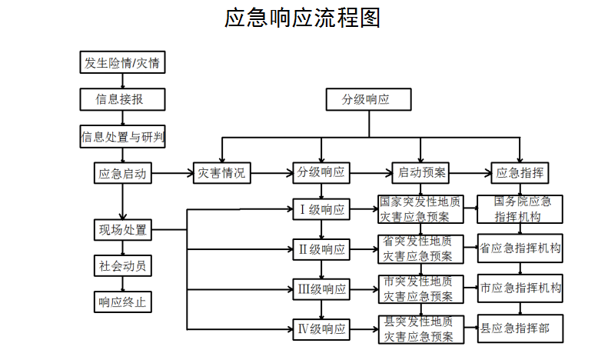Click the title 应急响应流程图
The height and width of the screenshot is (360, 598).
pos(302,18)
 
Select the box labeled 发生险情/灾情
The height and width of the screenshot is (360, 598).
pos(122,62)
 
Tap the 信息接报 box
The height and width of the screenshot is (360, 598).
pos(122,100)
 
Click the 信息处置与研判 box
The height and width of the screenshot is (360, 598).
pos(122,136)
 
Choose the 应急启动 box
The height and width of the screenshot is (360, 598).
pos(123,173)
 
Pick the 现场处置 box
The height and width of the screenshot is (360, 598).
pos(123,230)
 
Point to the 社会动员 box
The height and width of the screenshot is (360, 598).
pos(123,265)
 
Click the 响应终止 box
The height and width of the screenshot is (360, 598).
pos(123,302)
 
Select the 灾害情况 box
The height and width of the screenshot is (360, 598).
pos(222,173)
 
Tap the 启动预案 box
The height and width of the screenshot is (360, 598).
pos(420,173)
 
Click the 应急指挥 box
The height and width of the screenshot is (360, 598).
pos(520,173)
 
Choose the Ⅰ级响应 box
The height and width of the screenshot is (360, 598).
pos(321,209)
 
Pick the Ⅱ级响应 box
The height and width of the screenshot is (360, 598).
pos(321,250)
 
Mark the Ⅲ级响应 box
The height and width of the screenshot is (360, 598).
pos(321,289)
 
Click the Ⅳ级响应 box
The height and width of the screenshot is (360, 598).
pos(321,329)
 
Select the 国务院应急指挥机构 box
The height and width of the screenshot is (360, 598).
pos(520,209)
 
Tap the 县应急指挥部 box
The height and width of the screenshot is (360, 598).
pos(520,328)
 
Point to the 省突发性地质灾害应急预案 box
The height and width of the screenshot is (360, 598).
pos(421,249)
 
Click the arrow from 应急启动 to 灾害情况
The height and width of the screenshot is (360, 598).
pos(173,174)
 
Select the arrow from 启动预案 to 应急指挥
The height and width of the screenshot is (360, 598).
pos(470,174)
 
